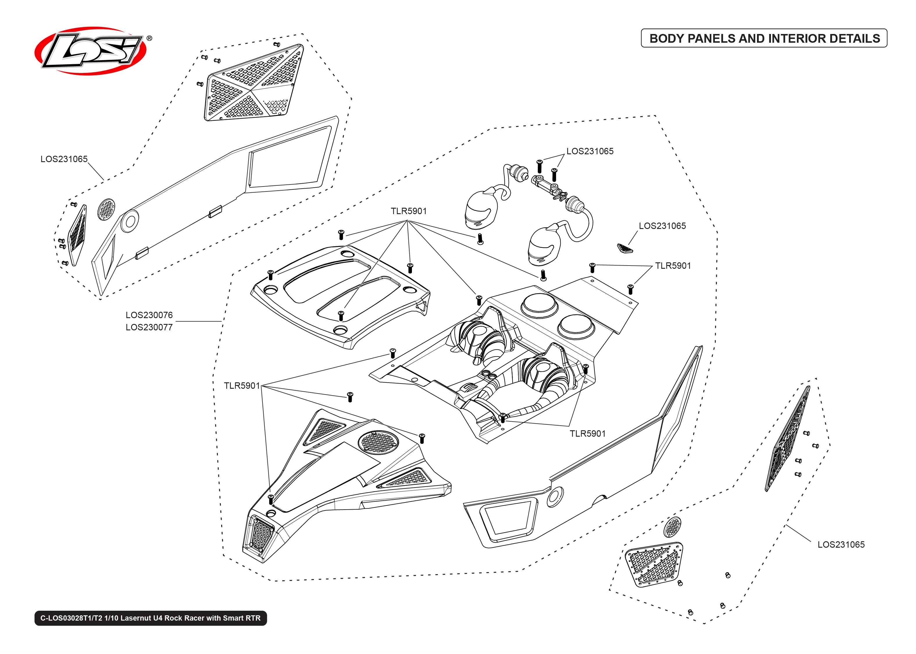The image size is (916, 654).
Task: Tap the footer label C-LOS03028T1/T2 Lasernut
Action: tap(150, 618)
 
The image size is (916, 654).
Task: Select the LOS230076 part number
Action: tap(149, 315)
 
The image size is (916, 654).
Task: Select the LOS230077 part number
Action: tap(149, 327)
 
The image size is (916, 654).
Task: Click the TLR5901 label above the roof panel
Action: tap(408, 211)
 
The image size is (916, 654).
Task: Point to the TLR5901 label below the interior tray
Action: tap(587, 433)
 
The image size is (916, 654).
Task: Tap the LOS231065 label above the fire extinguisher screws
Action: tap(590, 151)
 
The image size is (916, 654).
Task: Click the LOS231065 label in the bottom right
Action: tap(841, 544)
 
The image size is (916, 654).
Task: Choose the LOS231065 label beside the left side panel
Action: tap(64, 159)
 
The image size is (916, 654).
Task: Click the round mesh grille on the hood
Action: tap(378, 441)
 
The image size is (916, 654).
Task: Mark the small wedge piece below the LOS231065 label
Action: tap(625, 248)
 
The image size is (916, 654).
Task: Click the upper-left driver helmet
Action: tap(481, 209)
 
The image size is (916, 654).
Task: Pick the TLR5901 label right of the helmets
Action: tap(673, 266)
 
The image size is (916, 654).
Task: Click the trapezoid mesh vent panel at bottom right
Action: tap(654, 565)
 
